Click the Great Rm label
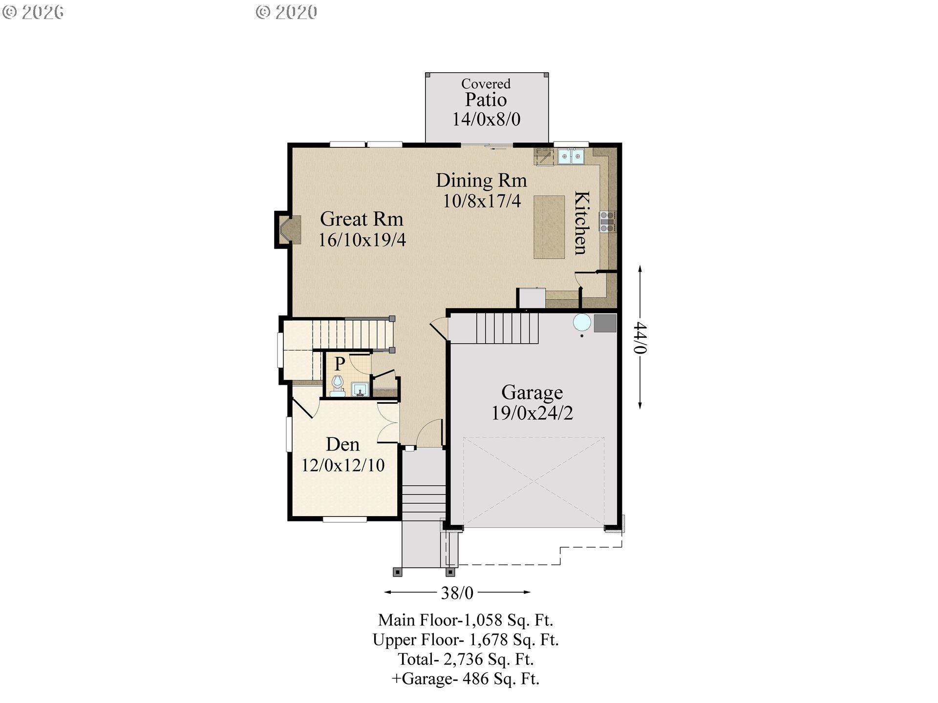pos(362,219)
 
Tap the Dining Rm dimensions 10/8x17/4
pos(482,201)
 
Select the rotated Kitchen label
pos(581,223)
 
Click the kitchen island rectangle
pos(549,227)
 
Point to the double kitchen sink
pos(571,157)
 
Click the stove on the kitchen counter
pos(607,222)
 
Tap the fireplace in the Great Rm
pos(288,230)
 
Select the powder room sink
pos(360,390)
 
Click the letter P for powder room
pos(340,364)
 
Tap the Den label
pos(342,445)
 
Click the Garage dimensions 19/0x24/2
pos(532,413)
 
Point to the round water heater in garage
pos(582,323)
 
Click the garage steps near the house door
pos(507,328)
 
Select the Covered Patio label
pos(486,93)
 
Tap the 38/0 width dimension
pos(457,593)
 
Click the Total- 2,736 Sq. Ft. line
pos(466,660)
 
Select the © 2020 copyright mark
pos(287,12)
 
